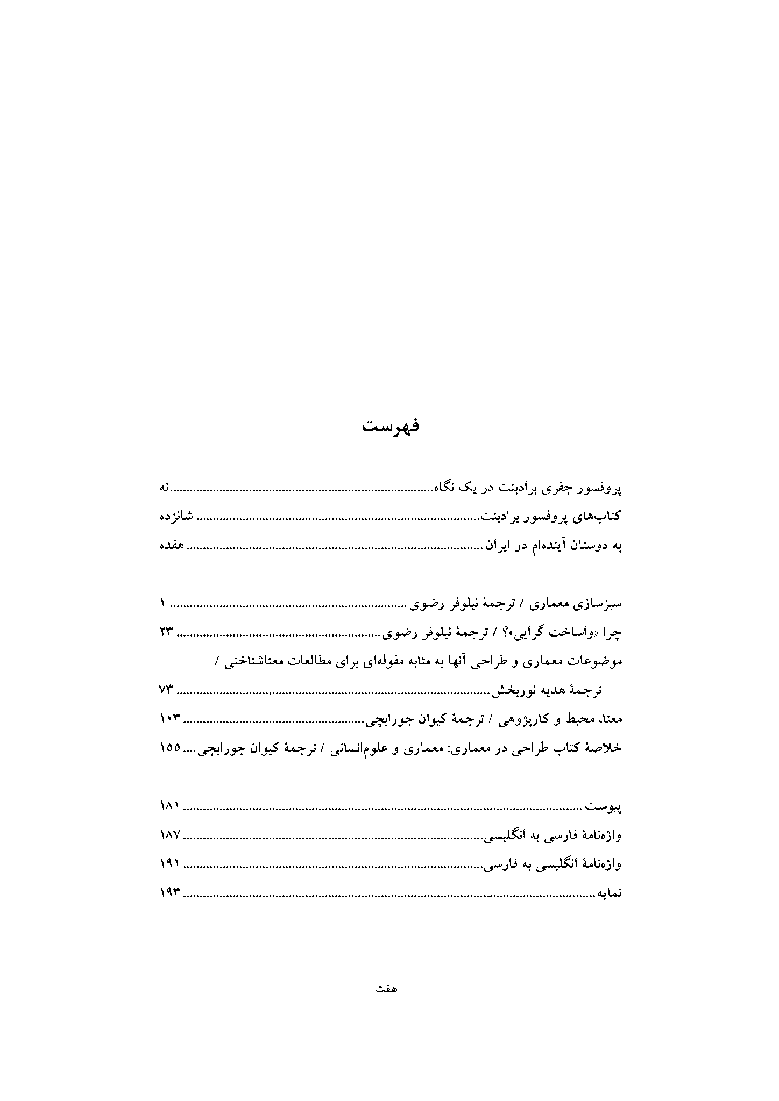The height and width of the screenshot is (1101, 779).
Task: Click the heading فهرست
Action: pos(390,427)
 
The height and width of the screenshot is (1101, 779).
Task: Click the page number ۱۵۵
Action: pos(169,748)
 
